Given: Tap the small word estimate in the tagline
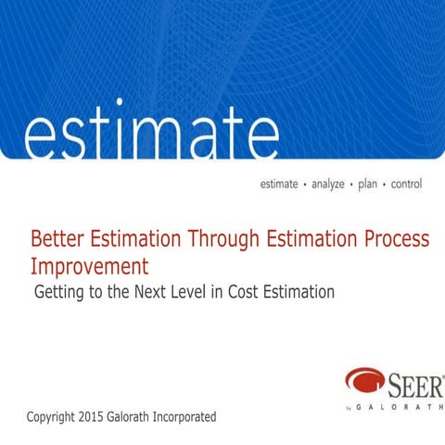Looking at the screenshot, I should coord(279,184).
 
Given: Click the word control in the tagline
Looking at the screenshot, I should coord(406,184).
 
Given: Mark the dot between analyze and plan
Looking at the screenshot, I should coord(349,184).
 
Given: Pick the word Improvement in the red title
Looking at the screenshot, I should coord(90,267).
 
